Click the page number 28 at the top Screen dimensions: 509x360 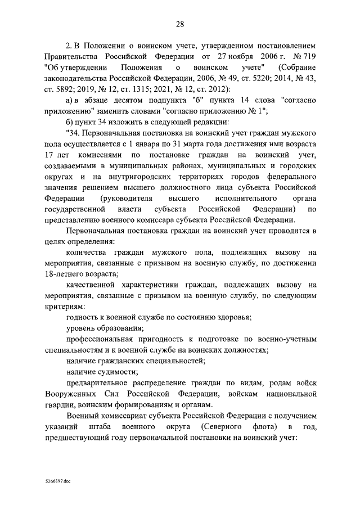click(x=180, y=24)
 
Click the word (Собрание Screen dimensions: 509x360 click(x=296, y=71)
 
